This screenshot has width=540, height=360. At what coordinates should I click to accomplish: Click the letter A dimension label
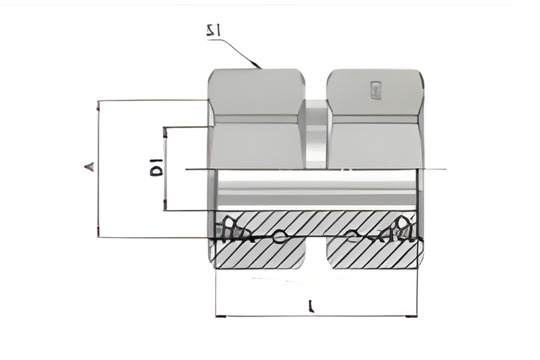point(88,168)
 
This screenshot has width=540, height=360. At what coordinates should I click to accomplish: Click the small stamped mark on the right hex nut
point(374,93)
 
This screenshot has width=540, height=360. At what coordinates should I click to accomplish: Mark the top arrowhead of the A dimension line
point(98,103)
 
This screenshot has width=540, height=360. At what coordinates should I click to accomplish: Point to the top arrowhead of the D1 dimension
point(166,130)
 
